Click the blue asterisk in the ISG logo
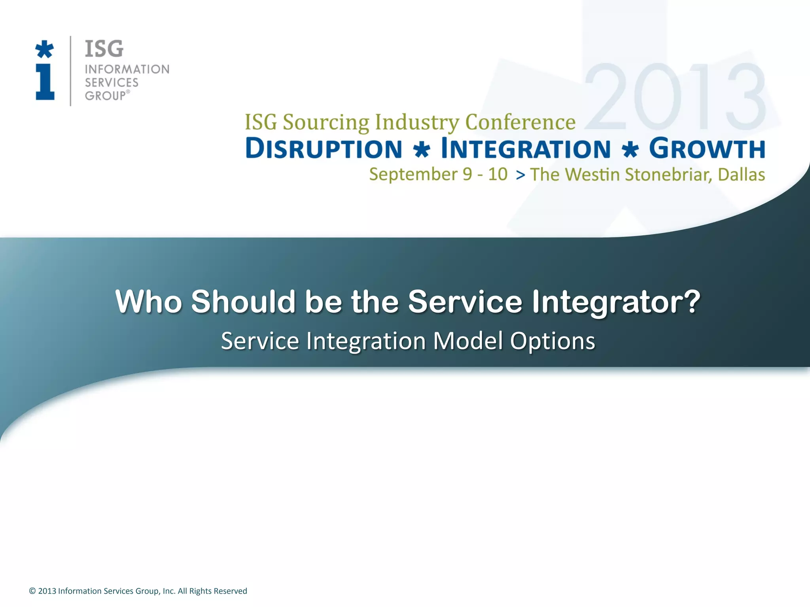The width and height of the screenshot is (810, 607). pyautogui.click(x=44, y=49)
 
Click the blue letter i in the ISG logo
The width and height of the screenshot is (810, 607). pyautogui.click(x=45, y=82)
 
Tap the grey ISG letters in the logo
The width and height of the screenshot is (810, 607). pyautogui.click(x=104, y=49)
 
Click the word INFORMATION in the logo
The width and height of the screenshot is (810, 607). pyautogui.click(x=127, y=69)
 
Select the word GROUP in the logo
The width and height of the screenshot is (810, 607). pyautogui.click(x=105, y=96)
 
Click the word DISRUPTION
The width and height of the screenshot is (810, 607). pyautogui.click(x=324, y=149)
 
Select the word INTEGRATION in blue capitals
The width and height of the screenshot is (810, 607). pyautogui.click(x=526, y=149)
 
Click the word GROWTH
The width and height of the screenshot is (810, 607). pyautogui.click(x=707, y=149)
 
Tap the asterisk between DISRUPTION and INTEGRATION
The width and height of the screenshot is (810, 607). pyautogui.click(x=422, y=150)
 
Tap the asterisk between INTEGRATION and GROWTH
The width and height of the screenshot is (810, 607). pyautogui.click(x=630, y=150)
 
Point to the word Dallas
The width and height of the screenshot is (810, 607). pyautogui.click(x=741, y=175)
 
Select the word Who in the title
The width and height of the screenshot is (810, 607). pyautogui.click(x=148, y=302)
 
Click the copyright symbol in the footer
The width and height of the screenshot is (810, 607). pyautogui.click(x=32, y=591)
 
